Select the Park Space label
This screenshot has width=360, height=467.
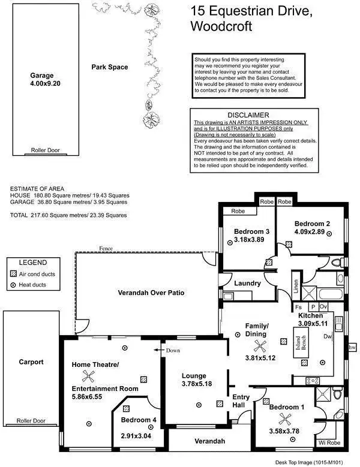109,67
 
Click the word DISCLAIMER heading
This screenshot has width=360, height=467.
248,115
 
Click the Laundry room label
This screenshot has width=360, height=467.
247,283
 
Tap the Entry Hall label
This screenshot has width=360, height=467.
242,401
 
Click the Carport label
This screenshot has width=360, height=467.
31,361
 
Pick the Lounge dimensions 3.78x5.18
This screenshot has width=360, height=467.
198,384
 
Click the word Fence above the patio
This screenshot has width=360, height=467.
107,248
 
